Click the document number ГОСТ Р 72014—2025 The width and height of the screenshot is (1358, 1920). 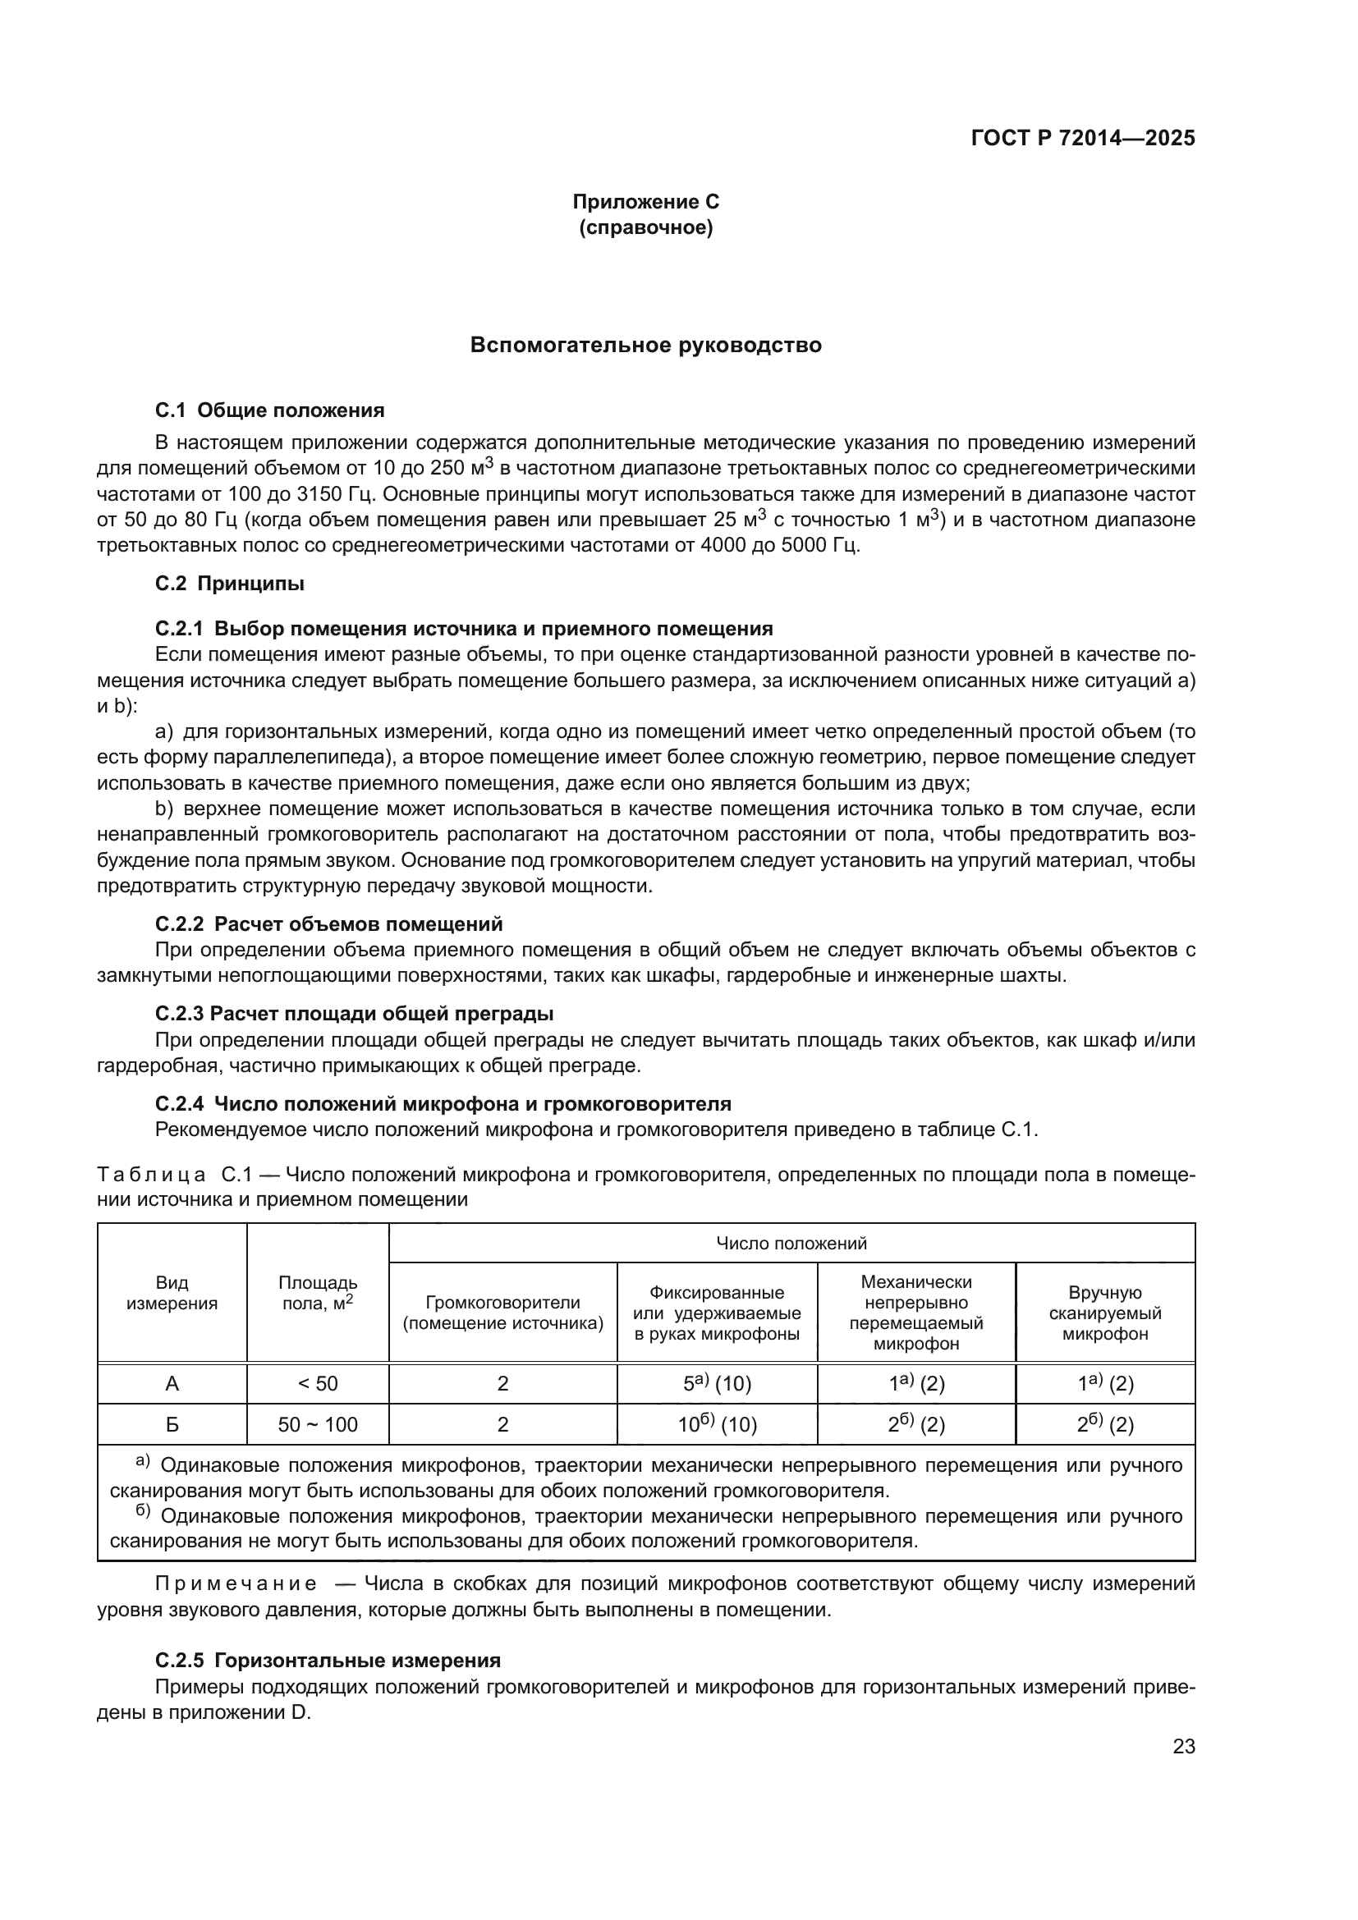coord(1083,139)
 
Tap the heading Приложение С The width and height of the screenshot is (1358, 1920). coord(645,202)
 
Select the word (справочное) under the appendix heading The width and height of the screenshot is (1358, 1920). coord(645,227)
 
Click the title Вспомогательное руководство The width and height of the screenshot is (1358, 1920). coord(645,345)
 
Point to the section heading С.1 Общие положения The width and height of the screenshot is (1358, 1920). coord(269,410)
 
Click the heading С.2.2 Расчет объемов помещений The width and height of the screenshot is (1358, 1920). coord(328,924)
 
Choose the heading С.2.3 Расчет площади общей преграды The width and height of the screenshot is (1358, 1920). coord(354,1015)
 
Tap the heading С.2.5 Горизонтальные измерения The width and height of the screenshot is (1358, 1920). coord(328,1661)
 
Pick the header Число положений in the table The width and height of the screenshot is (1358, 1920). coord(791,1244)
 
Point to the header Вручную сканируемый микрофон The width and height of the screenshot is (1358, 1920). coord(1104,1313)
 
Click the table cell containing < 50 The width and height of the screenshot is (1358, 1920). coord(318,1384)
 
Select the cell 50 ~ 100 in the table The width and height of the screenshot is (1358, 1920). coord(318,1425)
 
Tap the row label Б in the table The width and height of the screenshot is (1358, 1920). coord(172,1425)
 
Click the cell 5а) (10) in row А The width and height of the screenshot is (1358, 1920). coord(717,1384)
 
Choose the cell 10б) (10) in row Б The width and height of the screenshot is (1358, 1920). coord(717,1425)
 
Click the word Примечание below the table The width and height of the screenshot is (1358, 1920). coord(236,1584)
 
